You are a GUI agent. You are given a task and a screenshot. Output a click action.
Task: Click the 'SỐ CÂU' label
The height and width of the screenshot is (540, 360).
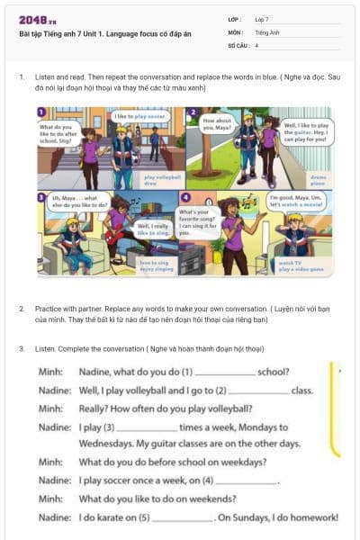pos(238,44)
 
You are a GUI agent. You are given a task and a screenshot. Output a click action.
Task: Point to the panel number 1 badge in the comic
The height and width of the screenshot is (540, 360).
pos(42,112)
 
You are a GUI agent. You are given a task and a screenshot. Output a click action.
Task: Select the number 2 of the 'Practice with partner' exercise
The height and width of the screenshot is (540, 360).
pos(22,308)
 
